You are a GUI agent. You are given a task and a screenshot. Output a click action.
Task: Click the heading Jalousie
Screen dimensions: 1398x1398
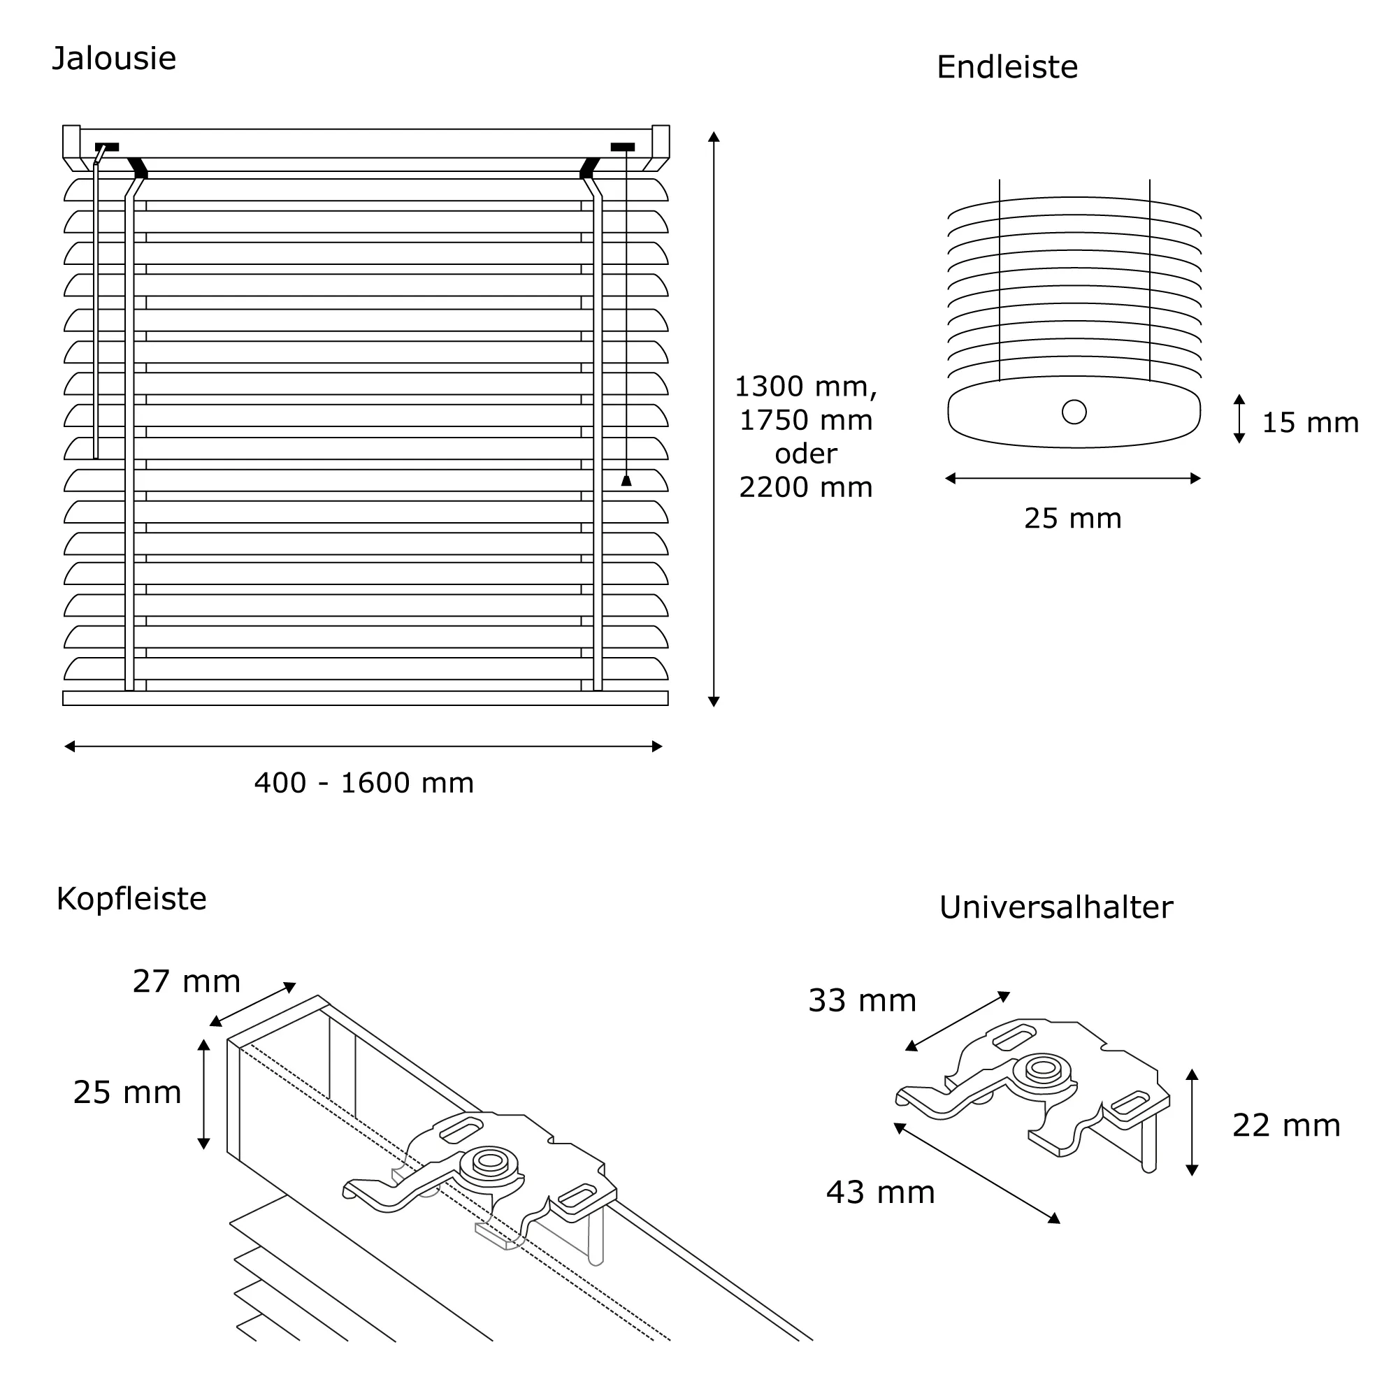(115, 59)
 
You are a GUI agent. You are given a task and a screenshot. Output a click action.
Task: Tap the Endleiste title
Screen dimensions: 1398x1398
(1007, 68)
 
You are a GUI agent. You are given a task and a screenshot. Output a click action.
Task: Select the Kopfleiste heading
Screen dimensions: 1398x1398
(131, 900)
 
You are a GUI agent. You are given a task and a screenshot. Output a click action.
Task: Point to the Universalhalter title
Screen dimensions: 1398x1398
(1055, 908)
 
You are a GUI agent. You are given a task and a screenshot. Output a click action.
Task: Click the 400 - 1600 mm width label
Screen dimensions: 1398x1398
(364, 783)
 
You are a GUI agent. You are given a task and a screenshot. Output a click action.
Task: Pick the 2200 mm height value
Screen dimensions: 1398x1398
(805, 488)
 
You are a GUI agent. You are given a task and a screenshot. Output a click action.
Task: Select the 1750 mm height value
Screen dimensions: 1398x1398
(805, 420)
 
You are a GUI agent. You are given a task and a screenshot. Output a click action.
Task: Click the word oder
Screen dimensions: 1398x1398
(805, 454)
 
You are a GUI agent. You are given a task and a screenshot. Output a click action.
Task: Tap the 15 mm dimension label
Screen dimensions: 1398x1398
(1310, 424)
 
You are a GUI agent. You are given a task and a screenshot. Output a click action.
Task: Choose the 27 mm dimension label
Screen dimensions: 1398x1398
(186, 982)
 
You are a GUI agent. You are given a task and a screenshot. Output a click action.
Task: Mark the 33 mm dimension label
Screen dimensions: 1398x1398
(862, 1001)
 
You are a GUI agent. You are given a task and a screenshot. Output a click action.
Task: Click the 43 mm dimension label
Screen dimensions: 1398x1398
(880, 1192)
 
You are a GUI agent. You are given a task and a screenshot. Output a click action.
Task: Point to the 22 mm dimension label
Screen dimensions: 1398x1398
(1286, 1126)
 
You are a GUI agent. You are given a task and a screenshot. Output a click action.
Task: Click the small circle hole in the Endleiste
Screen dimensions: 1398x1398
(1074, 412)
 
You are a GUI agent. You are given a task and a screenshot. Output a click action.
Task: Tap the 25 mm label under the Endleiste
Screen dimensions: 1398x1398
(1072, 519)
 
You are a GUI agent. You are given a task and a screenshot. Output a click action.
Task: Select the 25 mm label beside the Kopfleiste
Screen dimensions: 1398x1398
(127, 1093)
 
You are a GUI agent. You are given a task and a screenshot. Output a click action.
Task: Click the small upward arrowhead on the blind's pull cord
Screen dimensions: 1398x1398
(626, 480)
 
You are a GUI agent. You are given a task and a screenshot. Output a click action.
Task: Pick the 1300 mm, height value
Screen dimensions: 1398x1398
(805, 387)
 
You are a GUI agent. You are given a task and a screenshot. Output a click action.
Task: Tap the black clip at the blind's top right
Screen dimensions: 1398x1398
(622, 147)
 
